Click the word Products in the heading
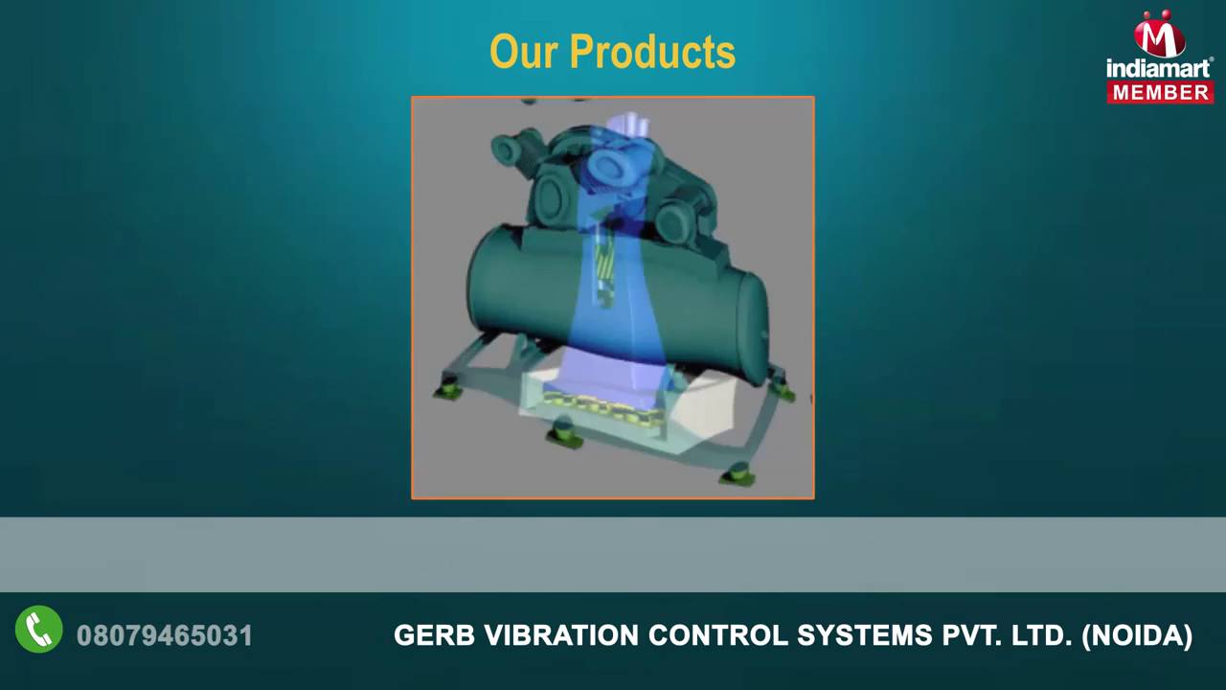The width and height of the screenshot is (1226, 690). pyautogui.click(x=652, y=52)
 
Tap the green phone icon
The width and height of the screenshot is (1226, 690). pyautogui.click(x=39, y=631)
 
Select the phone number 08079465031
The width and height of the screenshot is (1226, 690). pyautogui.click(x=165, y=635)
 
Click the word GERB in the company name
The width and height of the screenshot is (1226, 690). pyautogui.click(x=434, y=635)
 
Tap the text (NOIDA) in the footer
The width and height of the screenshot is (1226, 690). pyautogui.click(x=1137, y=635)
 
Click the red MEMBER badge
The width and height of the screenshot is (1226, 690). pyautogui.click(x=1161, y=92)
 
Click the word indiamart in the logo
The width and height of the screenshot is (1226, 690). pyautogui.click(x=1160, y=67)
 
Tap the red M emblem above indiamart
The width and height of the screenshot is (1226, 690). pyautogui.click(x=1160, y=34)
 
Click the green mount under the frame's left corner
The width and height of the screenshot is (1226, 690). pyautogui.click(x=446, y=388)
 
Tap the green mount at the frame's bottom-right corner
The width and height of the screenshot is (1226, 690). pyautogui.click(x=738, y=473)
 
